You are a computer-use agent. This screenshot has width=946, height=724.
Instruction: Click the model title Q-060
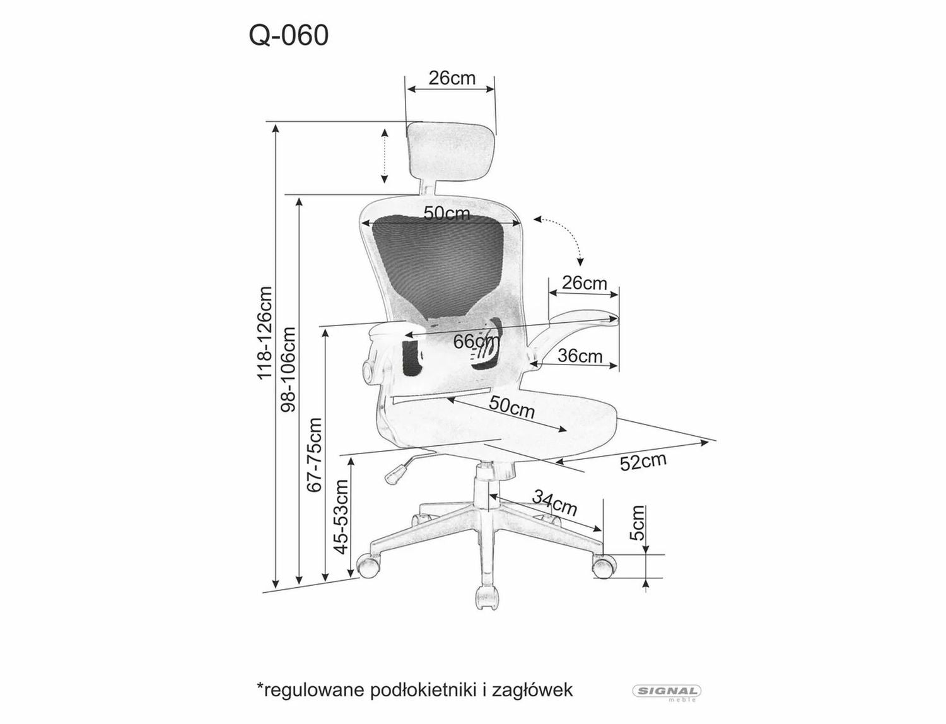289,36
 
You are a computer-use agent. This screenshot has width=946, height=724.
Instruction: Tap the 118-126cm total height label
264,333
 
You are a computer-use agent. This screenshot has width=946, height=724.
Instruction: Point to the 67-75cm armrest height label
314,454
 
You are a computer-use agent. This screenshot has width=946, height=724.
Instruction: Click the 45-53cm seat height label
341,516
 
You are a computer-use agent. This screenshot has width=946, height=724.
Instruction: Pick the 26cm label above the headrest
452,78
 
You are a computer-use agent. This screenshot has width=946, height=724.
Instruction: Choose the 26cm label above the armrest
584,283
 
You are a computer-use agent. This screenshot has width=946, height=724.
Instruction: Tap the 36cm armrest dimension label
580,356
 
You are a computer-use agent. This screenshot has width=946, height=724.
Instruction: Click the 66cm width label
476,341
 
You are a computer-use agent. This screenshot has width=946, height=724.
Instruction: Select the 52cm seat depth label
643,461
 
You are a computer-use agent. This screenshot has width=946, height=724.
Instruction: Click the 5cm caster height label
638,523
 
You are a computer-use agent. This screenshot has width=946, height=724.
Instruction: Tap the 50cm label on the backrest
447,213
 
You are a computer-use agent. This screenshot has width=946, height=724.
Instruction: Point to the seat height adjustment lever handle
396,472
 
